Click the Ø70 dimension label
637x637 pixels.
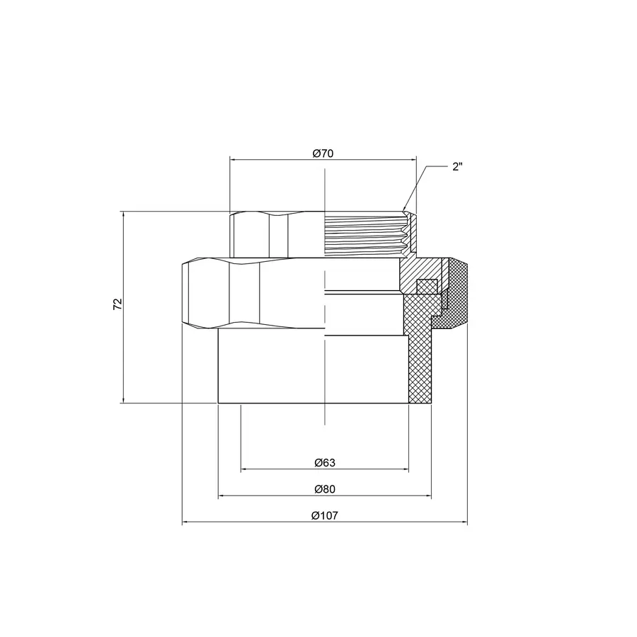(x=323, y=153)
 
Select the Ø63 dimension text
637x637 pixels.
(x=324, y=462)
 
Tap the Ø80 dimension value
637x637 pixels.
(x=324, y=489)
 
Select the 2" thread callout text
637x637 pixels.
(x=457, y=167)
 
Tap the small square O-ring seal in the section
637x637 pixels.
(x=425, y=286)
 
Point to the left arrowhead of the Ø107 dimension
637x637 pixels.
(x=186, y=523)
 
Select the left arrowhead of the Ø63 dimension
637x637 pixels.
(x=245, y=469)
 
